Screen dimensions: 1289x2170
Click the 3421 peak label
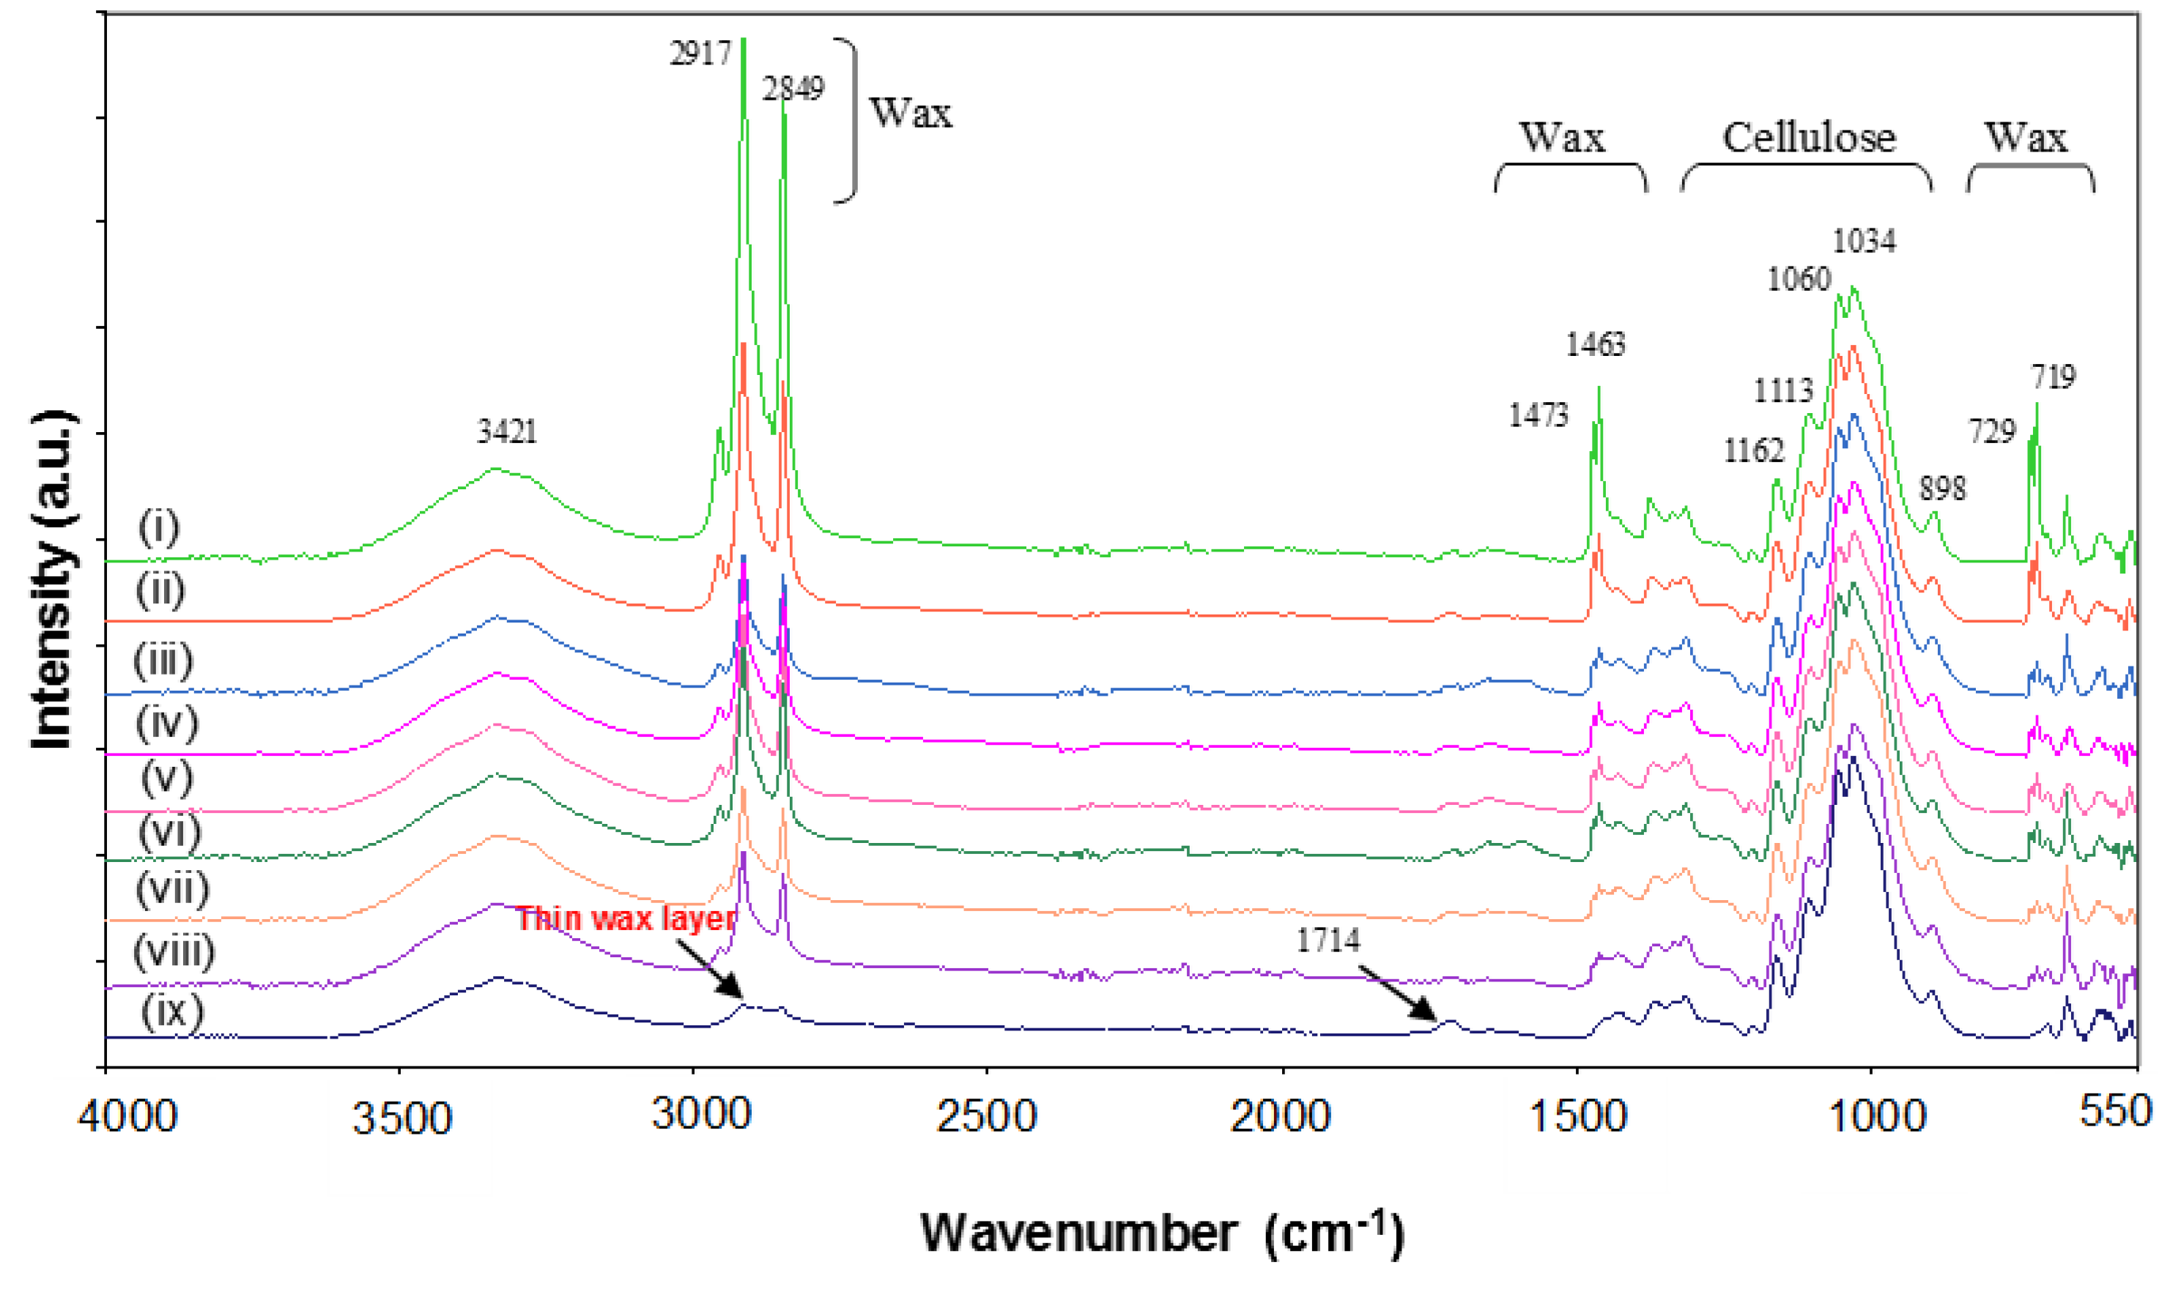pyautogui.click(x=506, y=431)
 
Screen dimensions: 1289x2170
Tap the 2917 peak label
pyautogui.click(x=700, y=54)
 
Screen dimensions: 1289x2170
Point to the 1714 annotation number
pyautogui.click(x=1328, y=940)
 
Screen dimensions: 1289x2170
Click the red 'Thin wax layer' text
pyautogui.click(x=626, y=919)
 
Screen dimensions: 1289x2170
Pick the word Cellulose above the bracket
pyautogui.click(x=1809, y=137)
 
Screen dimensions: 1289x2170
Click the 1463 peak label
pyautogui.click(x=1595, y=345)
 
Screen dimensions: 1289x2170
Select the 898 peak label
pyautogui.click(x=1941, y=489)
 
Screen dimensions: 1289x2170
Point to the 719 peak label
pyautogui.click(x=2053, y=377)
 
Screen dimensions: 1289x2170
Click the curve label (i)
pyautogui.click(x=159, y=527)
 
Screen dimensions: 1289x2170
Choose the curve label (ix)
pyautogui.click(x=172, y=1011)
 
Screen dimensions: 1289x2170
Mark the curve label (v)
pyautogui.click(x=167, y=777)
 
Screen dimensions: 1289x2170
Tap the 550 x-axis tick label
pyautogui.click(x=2114, y=1112)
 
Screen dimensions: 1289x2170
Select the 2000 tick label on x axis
pyautogui.click(x=1281, y=1116)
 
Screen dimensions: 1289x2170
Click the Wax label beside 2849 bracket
pyautogui.click(x=911, y=113)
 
